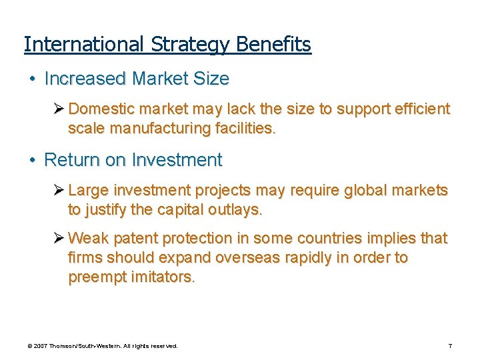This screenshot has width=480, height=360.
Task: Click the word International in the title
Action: pyautogui.click(x=83, y=45)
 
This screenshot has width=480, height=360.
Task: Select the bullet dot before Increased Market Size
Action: pyautogui.click(x=32, y=79)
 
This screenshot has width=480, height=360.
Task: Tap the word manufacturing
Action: pyautogui.click(x=155, y=128)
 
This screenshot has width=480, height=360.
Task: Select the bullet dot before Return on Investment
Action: pyautogui.click(x=32, y=160)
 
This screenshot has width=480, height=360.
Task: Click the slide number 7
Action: pyautogui.click(x=450, y=347)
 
